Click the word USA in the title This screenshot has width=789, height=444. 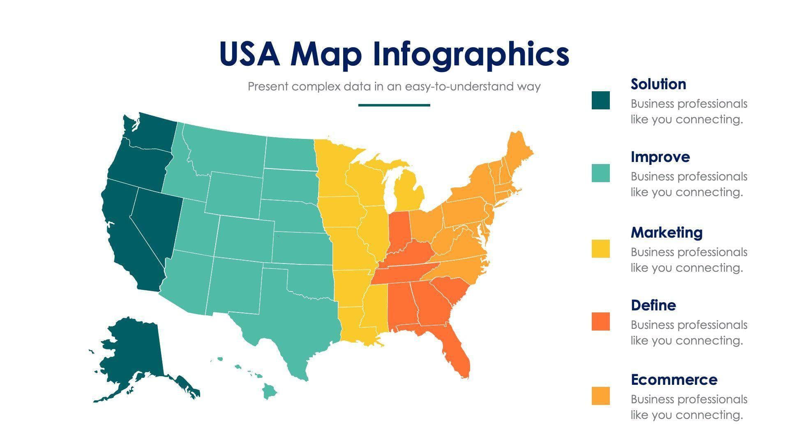coord(250,54)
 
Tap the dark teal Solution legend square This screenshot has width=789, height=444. coord(600,100)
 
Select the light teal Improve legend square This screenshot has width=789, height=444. coord(600,173)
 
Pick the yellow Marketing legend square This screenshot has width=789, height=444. coord(600,249)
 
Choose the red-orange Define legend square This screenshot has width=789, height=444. coord(600,321)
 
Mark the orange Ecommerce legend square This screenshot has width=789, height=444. coord(600,396)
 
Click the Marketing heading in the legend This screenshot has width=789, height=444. coord(666,233)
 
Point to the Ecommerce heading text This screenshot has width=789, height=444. coord(674,380)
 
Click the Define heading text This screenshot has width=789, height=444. coord(653,305)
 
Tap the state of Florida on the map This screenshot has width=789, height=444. coord(456,354)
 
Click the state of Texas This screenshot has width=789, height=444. coord(296,325)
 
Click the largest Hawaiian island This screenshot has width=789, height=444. coord(270,391)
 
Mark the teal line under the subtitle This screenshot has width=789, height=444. coord(394,105)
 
